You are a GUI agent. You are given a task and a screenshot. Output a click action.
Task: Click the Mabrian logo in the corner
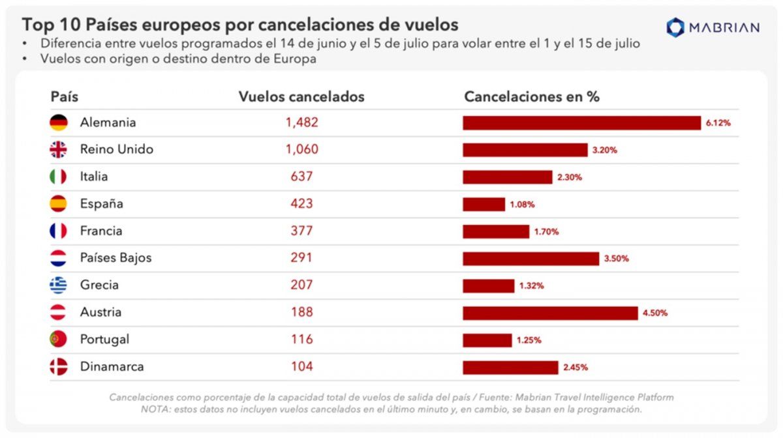pos(713,27)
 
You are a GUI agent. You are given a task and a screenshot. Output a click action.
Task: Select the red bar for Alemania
pos(581,123)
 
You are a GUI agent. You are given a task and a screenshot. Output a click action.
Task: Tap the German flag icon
pos(59,123)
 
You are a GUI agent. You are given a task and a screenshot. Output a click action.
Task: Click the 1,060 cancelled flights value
pos(301,150)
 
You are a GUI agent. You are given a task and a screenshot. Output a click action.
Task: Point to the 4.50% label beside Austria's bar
pos(655,313)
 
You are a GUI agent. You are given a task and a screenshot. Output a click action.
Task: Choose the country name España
pos(101,204)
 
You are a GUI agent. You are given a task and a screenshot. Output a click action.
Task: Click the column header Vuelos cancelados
pos(301,96)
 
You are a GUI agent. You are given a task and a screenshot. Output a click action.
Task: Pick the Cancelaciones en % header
pos(531,96)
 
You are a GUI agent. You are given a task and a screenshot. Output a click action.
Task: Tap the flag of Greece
pos(59,285)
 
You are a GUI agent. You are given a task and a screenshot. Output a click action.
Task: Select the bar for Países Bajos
pos(530,259)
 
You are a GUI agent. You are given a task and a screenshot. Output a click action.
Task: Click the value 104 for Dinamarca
pos(301,367)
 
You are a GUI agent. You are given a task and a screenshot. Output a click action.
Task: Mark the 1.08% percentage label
pos(522,205)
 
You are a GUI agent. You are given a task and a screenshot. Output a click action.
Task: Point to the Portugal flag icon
pos(59,340)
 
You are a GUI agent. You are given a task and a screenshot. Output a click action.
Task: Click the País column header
pos(64,96)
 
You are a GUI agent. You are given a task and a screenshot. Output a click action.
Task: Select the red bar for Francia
pos(496,231)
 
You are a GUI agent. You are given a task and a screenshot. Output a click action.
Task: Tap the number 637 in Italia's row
pos(301,177)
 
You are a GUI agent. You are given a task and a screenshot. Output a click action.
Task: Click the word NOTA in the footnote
pos(155,409)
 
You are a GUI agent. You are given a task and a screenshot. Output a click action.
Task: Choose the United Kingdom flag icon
pos(59,150)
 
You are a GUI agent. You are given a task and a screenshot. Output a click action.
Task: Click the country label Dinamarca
pos(112,367)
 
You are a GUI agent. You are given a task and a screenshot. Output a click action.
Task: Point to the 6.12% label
pos(718,123)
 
